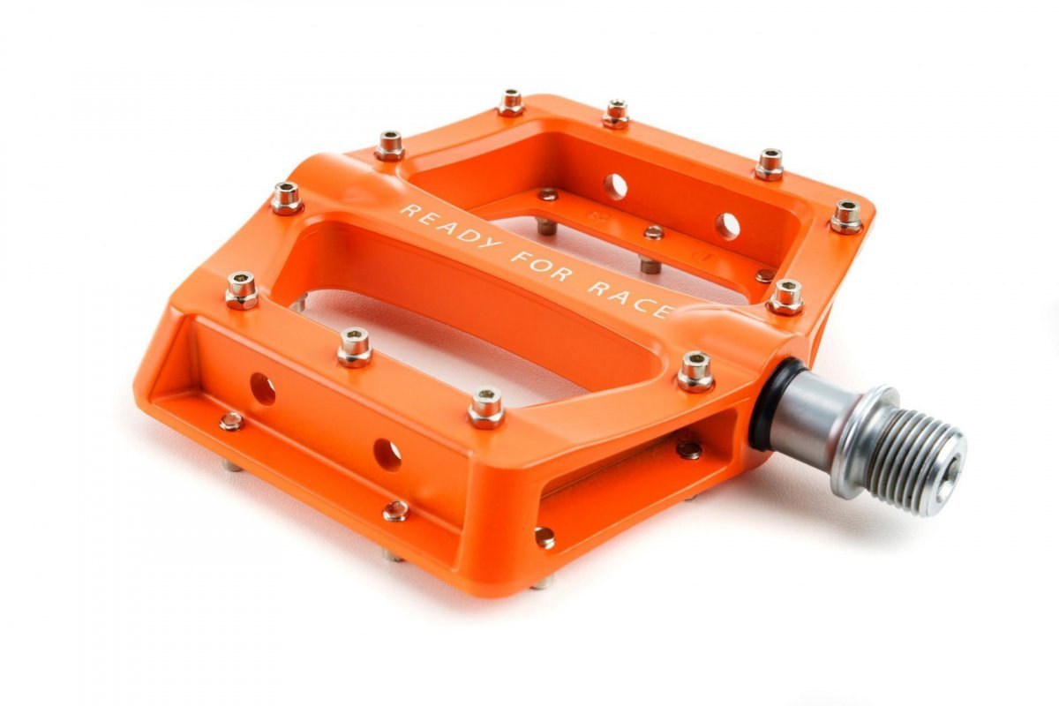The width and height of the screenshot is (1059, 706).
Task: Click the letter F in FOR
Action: pos(519,259)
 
